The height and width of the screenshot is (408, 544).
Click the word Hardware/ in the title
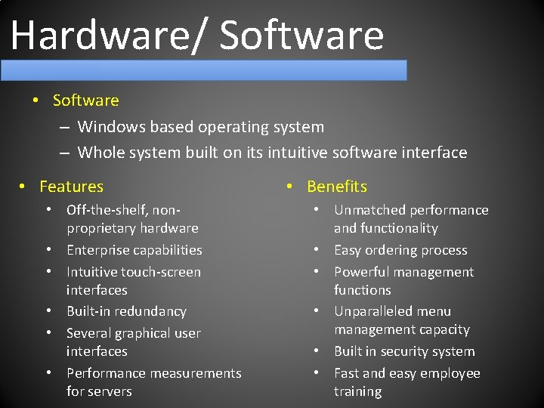[x=109, y=36]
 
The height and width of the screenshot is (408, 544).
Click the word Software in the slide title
[x=302, y=36]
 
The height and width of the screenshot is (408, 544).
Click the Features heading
[x=71, y=187]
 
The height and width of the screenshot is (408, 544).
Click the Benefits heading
[x=337, y=187]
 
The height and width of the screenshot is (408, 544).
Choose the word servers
[x=110, y=391]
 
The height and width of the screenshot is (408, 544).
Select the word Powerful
[x=362, y=272]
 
